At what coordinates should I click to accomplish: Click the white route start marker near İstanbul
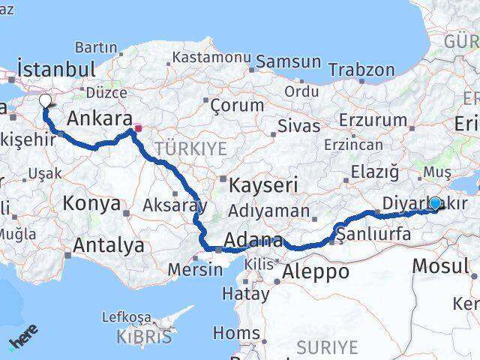[45, 100]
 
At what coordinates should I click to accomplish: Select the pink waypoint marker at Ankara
[137, 128]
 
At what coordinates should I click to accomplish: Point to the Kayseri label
[264, 184]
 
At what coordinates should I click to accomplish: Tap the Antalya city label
[109, 244]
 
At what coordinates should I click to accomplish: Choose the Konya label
[91, 203]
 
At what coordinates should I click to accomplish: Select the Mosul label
[441, 265]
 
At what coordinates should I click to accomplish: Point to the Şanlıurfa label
[374, 235]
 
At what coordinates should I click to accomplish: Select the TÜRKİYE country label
[190, 149]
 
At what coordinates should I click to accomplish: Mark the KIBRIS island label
[144, 337]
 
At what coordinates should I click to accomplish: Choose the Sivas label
[298, 126]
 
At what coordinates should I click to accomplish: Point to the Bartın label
[96, 47]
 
